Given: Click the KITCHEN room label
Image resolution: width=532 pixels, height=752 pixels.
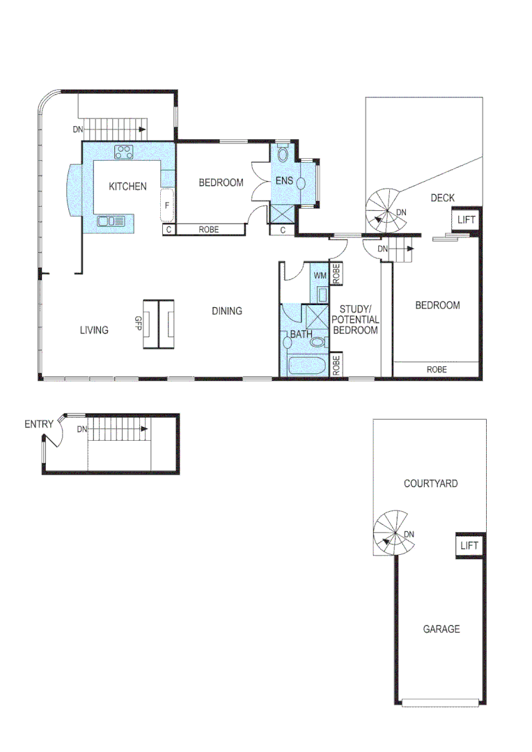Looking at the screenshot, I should coord(127,186).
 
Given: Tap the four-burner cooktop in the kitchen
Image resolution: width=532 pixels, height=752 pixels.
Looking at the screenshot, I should coord(125,151).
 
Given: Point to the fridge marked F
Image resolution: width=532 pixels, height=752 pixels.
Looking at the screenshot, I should coord(167,205).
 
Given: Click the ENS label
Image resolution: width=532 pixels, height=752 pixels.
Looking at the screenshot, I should coord(284,181).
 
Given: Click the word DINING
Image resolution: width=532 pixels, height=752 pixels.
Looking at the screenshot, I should coord(227,311).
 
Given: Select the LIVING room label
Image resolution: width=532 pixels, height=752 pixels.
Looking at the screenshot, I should coord(94,330).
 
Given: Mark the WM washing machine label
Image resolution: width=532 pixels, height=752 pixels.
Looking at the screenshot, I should coord(320,276).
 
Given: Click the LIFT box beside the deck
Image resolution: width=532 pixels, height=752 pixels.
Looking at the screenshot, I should coord(466,219).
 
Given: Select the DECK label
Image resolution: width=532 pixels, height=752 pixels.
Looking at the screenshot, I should coord(442,198).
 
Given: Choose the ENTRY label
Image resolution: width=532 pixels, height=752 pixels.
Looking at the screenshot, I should coord(39,424).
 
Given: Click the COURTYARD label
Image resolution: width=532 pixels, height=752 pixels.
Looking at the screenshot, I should coord(431,483).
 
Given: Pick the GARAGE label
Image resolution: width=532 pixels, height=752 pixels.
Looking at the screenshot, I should coord(441,629).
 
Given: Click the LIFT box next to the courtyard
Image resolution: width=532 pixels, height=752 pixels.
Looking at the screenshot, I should coord(469,545).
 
